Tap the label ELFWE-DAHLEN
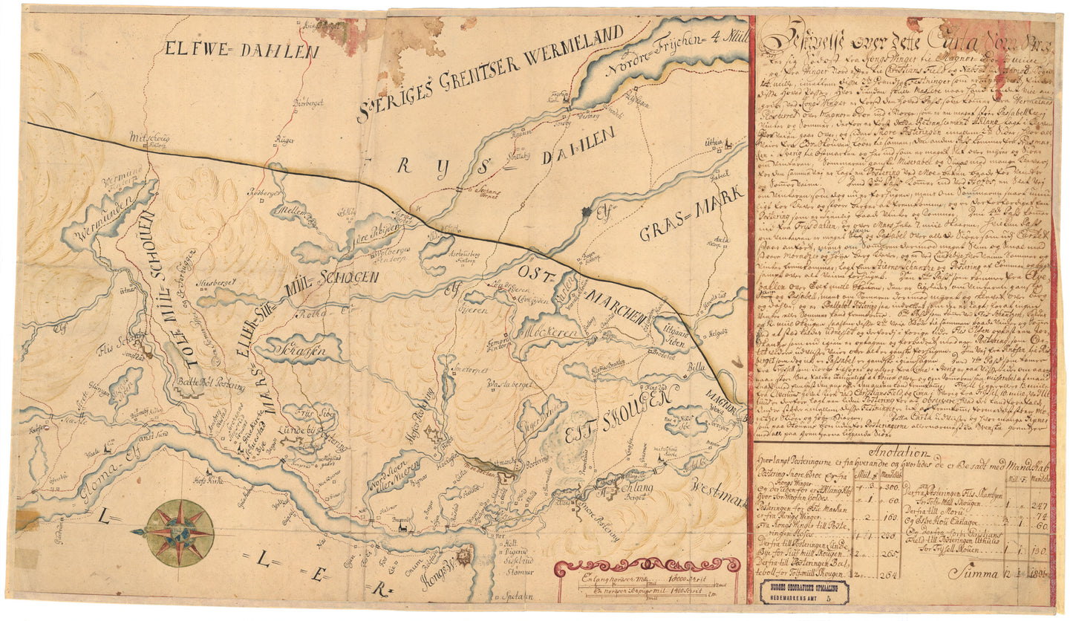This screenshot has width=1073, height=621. [241, 51]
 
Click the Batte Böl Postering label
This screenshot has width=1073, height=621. [203, 383]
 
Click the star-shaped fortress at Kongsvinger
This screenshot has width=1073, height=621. [464, 556]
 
